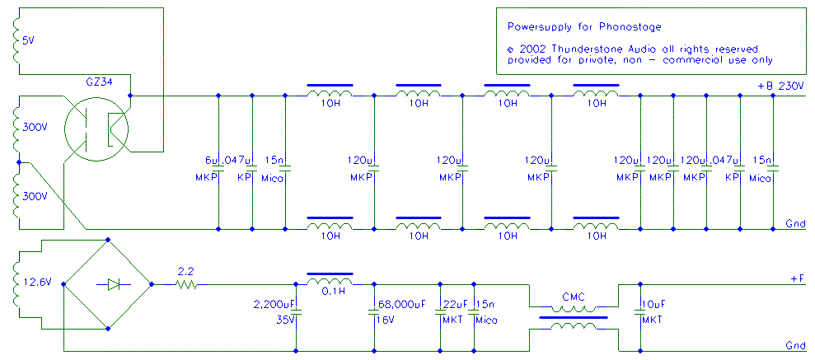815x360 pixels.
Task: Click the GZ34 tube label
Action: click(x=103, y=82)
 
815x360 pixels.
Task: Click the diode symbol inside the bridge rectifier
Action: click(x=114, y=284)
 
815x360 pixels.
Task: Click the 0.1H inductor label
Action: click(x=330, y=291)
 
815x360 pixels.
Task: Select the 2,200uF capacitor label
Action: click(x=275, y=302)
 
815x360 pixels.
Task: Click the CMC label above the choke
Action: click(x=574, y=297)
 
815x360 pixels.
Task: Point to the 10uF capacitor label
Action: click(x=653, y=302)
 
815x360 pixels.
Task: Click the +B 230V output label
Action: click(x=783, y=86)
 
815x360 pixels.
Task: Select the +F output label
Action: click(x=798, y=279)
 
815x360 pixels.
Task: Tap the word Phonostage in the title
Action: click(x=635, y=26)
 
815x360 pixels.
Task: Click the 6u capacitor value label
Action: click(x=211, y=160)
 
